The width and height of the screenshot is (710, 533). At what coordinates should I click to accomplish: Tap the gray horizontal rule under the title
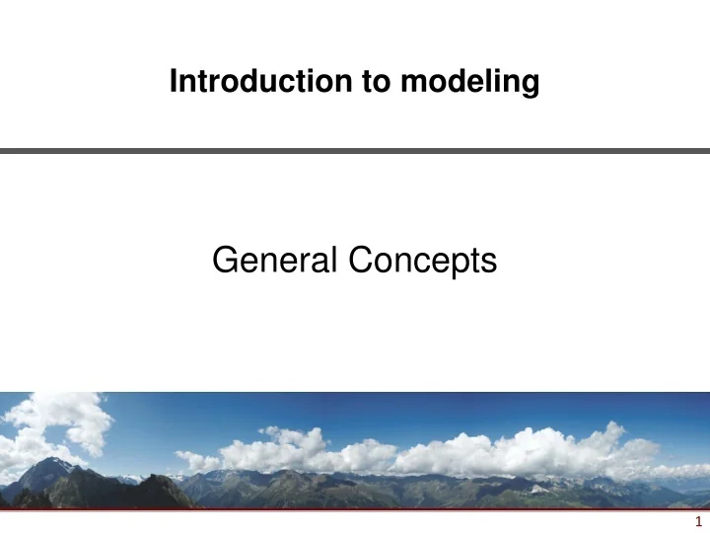[x=355, y=151]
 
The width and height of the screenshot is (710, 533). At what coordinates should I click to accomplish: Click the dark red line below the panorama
[x=355, y=509]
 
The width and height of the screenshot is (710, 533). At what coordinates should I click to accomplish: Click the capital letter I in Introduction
[x=174, y=84]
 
